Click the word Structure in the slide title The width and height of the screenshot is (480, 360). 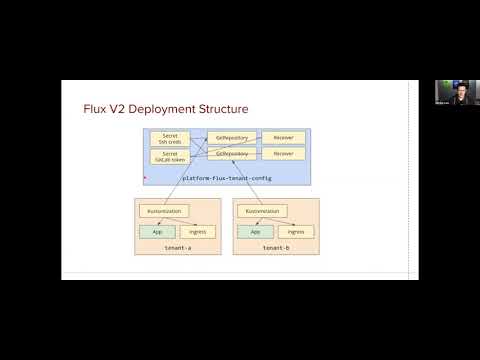point(222,108)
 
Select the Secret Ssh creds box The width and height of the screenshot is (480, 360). point(170,137)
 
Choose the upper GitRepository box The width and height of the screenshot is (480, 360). point(231,137)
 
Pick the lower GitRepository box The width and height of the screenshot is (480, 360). point(231,154)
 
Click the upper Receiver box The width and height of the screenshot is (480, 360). point(283,137)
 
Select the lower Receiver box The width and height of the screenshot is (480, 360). point(283,154)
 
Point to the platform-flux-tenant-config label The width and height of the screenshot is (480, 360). point(228,178)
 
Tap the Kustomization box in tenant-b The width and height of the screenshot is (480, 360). point(263,212)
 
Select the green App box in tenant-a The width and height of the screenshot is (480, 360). point(157,231)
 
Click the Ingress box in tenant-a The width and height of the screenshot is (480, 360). point(198,231)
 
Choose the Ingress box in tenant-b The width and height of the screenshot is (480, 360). point(297,231)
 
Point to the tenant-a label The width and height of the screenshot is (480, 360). point(178,246)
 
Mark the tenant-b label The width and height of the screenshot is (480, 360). point(276,246)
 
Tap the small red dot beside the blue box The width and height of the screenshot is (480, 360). point(145,178)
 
